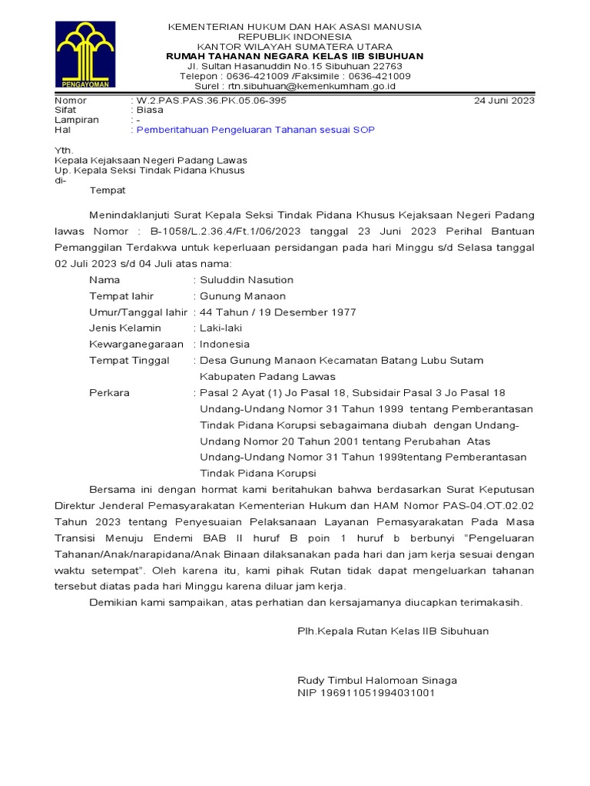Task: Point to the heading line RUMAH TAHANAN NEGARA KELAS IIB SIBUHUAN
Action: tap(295, 56)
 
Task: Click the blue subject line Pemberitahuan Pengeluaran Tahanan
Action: tap(256, 130)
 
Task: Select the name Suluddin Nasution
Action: tap(247, 279)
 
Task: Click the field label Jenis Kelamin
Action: tap(125, 328)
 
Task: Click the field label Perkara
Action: tap(109, 392)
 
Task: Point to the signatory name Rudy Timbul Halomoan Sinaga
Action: tap(376, 680)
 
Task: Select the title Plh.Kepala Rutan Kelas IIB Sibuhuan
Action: tap(393, 631)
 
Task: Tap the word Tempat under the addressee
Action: tap(108, 190)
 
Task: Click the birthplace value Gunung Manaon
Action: tap(243, 296)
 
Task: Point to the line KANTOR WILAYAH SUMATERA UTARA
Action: tap(295, 46)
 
